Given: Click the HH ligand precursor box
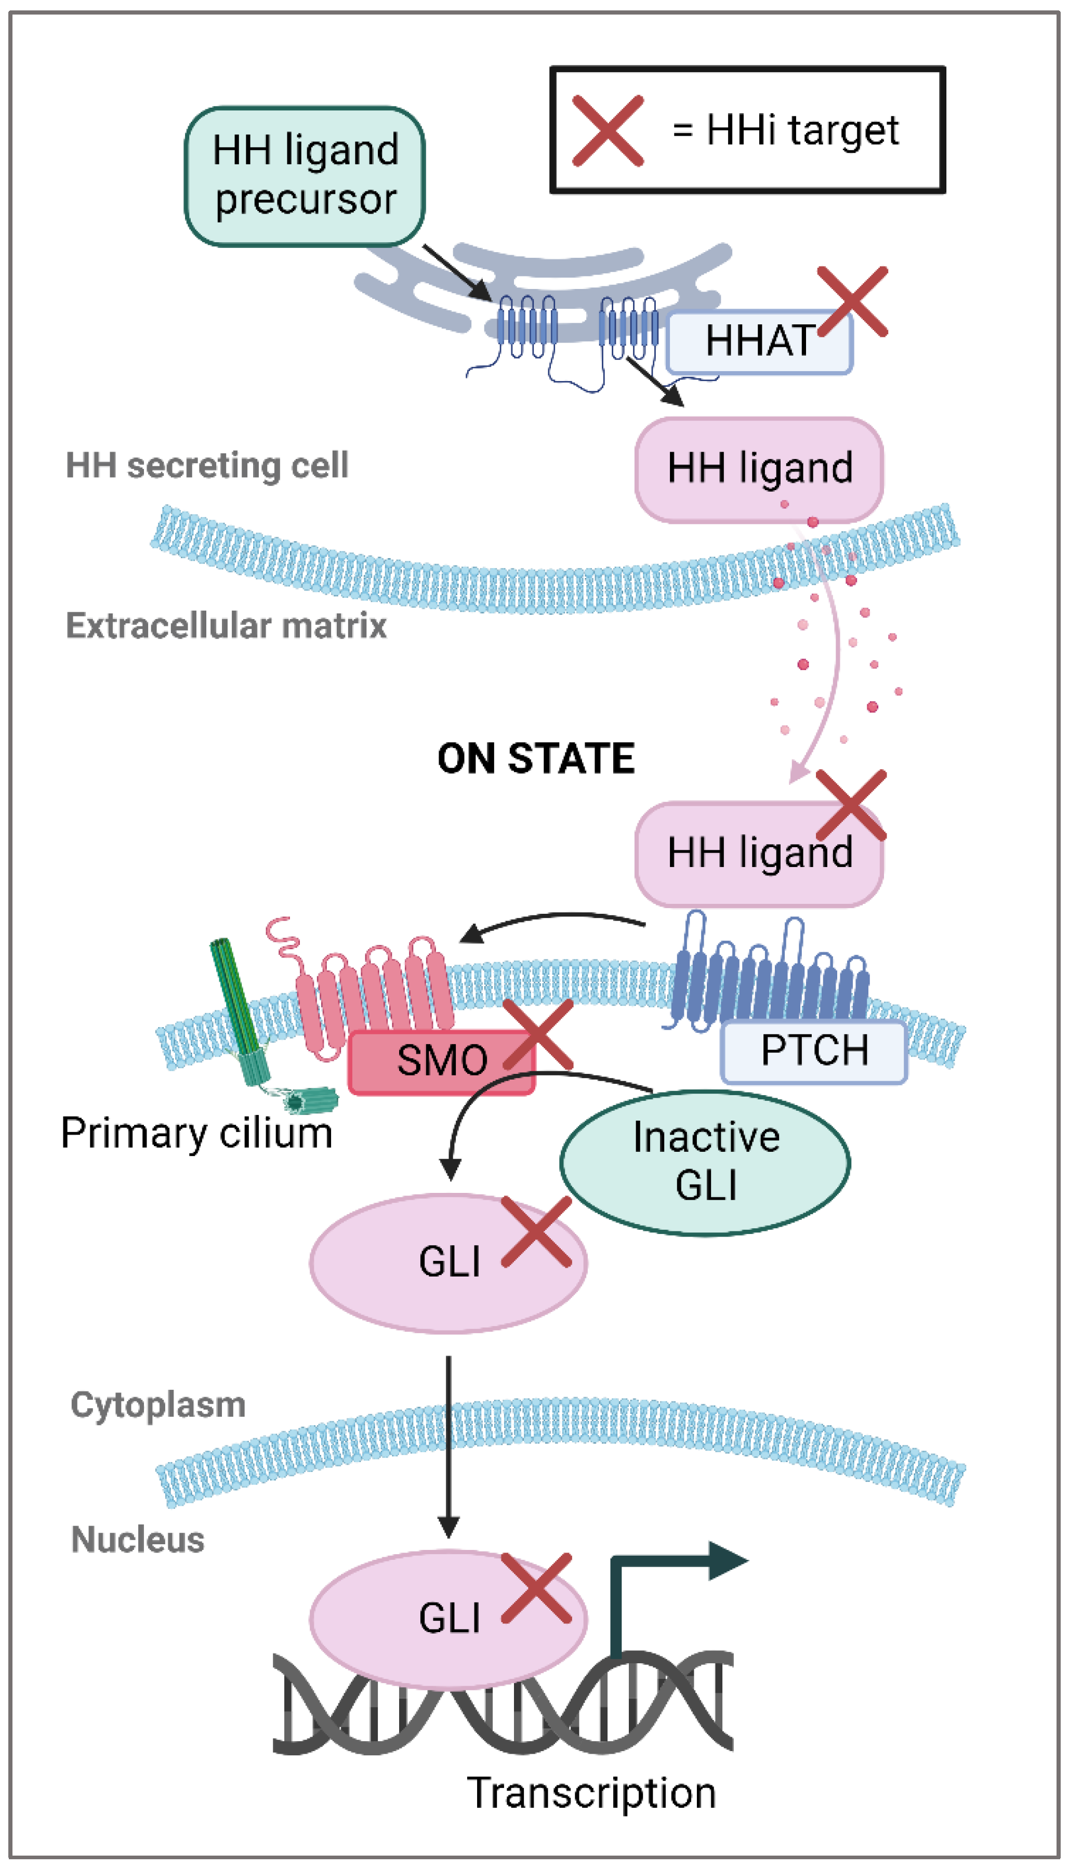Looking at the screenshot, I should pyautogui.click(x=305, y=176).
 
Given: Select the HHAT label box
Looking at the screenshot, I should pyautogui.click(x=758, y=342).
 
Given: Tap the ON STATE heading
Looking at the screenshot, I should pyautogui.click(x=536, y=758).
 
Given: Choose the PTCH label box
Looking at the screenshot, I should pyautogui.click(x=814, y=1051).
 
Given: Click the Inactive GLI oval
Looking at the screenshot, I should pyautogui.click(x=706, y=1162).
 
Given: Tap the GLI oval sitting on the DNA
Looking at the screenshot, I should pyautogui.click(x=448, y=1619).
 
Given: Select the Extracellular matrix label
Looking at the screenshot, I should pyautogui.click(x=226, y=626).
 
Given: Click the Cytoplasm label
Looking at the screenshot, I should pyautogui.click(x=158, y=1405).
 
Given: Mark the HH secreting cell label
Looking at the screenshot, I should pyautogui.click(x=207, y=466).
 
